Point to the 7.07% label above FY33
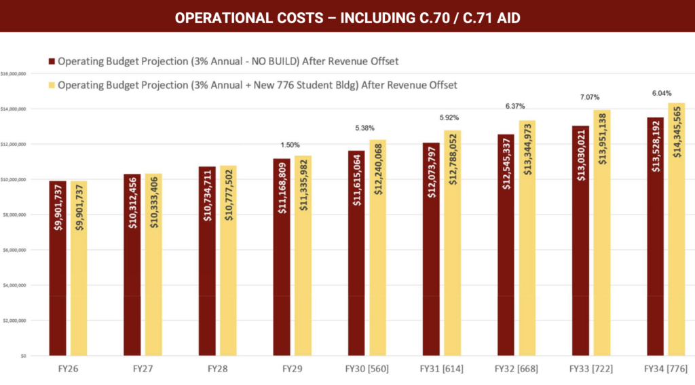590,98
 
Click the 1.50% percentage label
290,145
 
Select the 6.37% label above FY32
515,107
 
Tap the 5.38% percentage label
365,128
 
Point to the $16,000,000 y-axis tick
14,73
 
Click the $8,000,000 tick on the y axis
14,215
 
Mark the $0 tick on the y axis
22,356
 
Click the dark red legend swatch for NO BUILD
51,62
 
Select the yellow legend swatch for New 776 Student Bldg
51,86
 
